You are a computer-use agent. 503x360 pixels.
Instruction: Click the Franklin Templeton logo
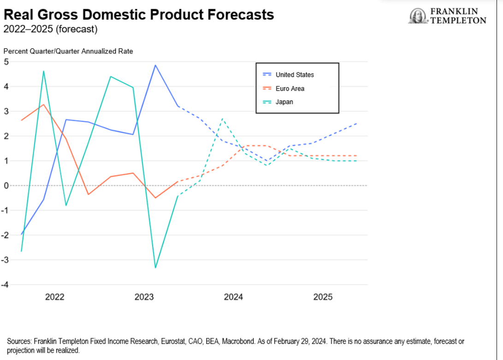pyautogui.click(x=447, y=16)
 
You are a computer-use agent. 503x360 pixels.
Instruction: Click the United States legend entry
pyautogui.click(x=295, y=75)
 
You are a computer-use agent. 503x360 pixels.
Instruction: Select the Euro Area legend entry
pyautogui.click(x=290, y=89)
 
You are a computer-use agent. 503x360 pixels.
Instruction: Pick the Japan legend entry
pyautogui.click(x=284, y=102)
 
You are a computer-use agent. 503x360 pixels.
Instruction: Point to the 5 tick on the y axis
pyautogui.click(x=6, y=62)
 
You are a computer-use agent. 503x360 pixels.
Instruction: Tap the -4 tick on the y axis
pyautogui.click(x=6, y=285)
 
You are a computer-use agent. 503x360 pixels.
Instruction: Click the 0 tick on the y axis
pyautogui.click(x=6, y=186)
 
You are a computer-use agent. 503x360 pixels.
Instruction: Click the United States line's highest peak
pyautogui.click(x=155, y=65)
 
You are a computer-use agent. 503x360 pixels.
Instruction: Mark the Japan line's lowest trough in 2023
pyautogui.click(x=155, y=268)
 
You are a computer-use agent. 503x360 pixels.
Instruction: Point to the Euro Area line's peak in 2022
pyautogui.click(x=43, y=105)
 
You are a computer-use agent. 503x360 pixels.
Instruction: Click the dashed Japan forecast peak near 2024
pyautogui.click(x=222, y=119)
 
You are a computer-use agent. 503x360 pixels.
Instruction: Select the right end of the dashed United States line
pyautogui.click(x=356, y=124)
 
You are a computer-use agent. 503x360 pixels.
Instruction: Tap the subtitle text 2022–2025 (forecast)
pyautogui.click(x=51, y=30)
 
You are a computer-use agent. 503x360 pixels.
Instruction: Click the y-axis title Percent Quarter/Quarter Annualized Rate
pyautogui.click(x=68, y=51)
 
